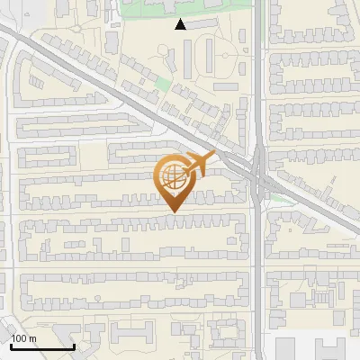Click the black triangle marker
point(181,25)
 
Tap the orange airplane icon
point(199,163)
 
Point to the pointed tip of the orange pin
point(173,211)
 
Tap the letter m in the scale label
point(32,339)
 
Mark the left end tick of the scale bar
point(10,345)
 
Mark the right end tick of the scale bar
point(74,345)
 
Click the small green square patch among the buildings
point(163,85)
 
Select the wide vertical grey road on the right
point(259,270)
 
